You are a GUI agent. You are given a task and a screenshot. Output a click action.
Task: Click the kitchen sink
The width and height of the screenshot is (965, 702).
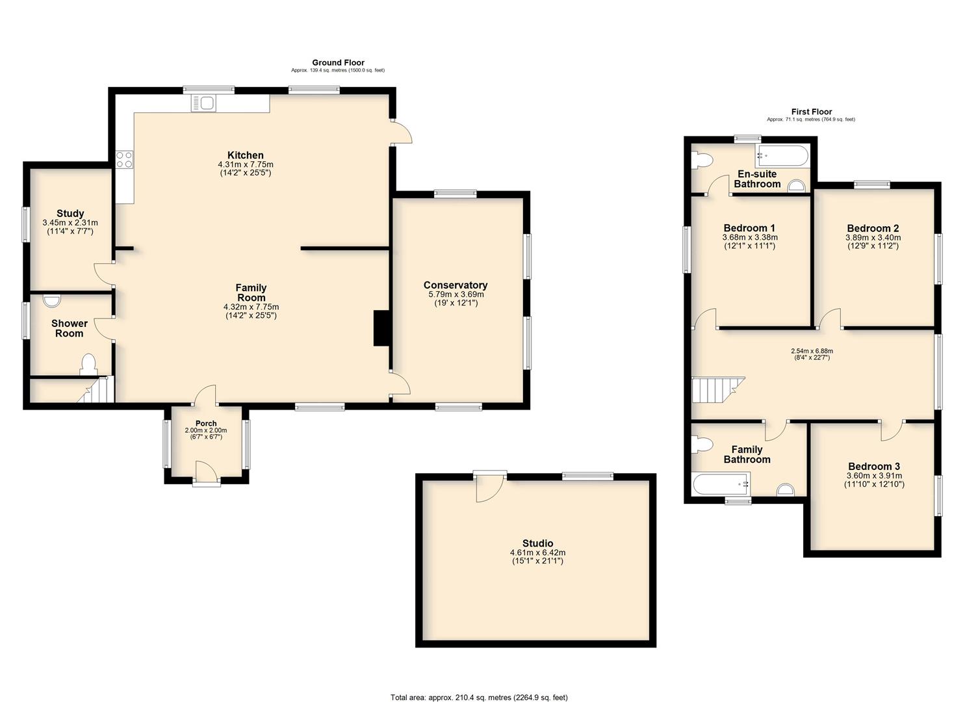205,103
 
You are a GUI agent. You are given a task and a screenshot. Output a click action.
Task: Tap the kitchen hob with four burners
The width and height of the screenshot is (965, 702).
125,159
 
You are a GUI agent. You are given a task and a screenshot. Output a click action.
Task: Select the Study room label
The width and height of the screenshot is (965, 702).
70,213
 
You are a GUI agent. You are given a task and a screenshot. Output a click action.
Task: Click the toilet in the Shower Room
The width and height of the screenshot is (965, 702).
89,365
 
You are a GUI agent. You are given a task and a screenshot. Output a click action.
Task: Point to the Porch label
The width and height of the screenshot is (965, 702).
206,423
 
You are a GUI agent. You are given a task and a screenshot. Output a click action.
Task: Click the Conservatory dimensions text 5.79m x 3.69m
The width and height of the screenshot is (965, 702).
456,294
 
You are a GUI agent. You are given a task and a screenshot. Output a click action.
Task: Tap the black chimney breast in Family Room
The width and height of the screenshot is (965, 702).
381,328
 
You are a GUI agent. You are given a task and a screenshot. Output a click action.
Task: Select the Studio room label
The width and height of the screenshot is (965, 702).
537,543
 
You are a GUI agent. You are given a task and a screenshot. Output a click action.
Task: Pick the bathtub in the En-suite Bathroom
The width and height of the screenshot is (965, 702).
782,157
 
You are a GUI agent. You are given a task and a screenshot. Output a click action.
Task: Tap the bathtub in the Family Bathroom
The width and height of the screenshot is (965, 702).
721,484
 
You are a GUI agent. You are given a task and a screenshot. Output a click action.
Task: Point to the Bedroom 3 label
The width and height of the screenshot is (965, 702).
873,466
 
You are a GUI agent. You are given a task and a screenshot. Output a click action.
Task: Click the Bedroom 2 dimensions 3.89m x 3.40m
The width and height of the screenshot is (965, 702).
873,237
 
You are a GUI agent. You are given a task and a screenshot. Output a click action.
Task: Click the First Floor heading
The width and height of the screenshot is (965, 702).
811,112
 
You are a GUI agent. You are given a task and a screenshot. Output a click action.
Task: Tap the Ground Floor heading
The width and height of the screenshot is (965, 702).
338,62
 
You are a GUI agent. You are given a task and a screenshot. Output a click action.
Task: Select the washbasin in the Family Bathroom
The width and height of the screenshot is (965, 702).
785,490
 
